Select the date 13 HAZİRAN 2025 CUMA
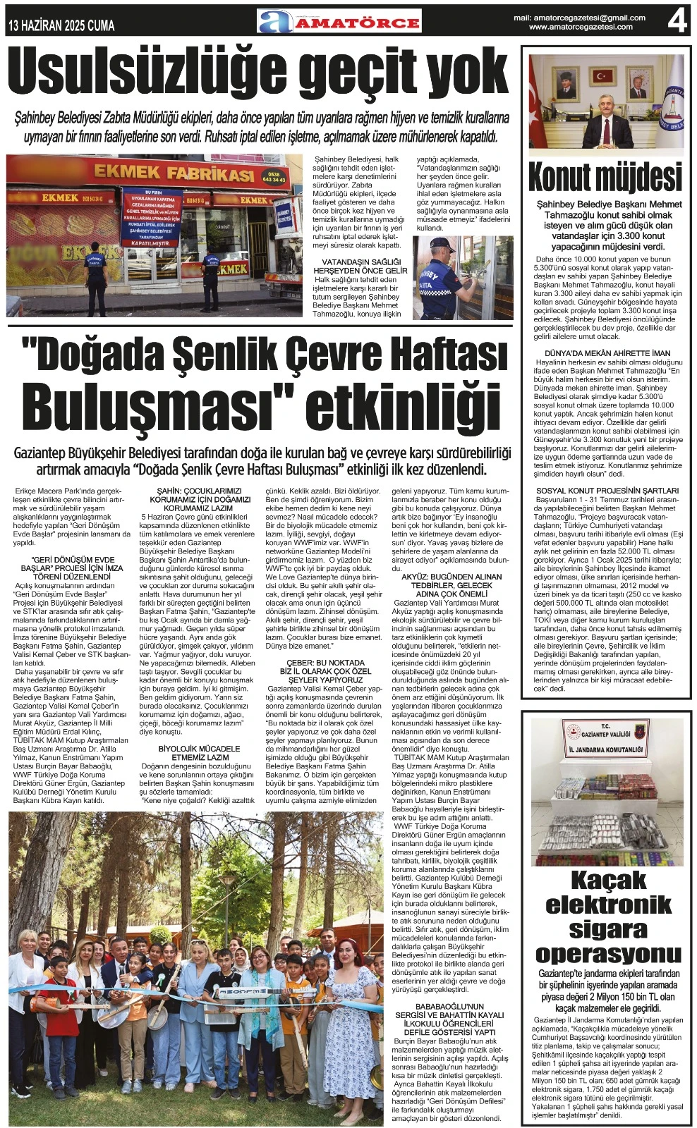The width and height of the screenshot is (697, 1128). [61, 26]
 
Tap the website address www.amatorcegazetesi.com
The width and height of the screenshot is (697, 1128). [581, 27]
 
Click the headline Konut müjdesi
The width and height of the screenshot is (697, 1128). [605, 177]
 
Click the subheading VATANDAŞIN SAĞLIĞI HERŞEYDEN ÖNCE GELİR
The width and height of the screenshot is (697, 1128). [360, 266]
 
